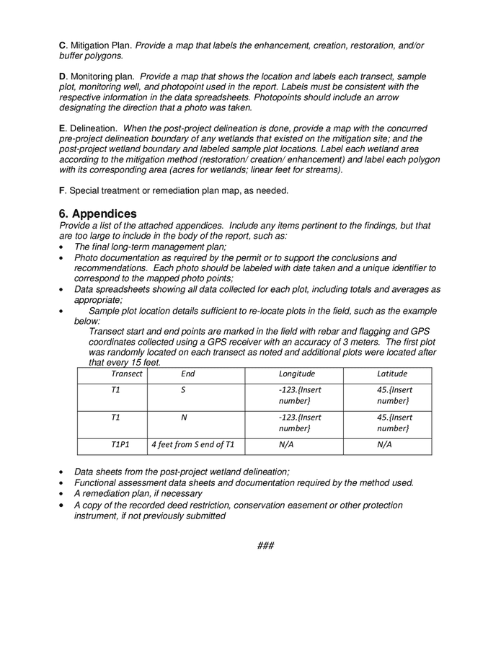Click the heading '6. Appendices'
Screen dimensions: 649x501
coord(97,214)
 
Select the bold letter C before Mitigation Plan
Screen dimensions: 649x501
coord(62,45)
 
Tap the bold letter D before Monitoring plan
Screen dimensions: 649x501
coord(62,76)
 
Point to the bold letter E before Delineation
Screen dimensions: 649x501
coord(62,128)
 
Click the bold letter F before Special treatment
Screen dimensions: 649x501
coord(61,190)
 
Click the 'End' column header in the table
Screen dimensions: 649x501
coord(188,374)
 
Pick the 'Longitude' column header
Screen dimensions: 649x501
coord(296,374)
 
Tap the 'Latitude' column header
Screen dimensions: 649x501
coord(392,374)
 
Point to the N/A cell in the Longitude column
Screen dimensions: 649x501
coord(286,445)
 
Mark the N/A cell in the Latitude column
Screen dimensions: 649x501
coord(384,445)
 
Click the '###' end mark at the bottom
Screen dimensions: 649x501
coord(265,545)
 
